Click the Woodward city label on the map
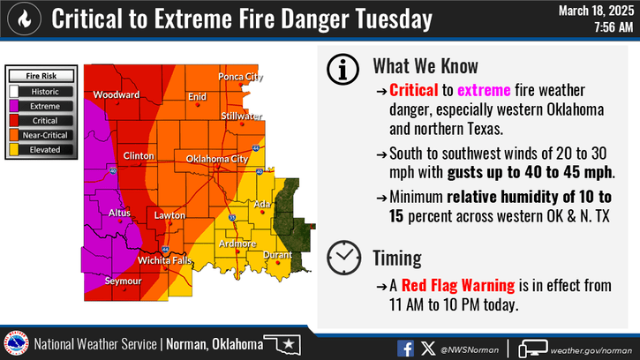point(117,94)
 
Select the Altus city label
point(117,213)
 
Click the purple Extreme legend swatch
point(15,105)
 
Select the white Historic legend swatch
point(15,90)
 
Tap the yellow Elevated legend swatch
point(15,150)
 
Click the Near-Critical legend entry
point(44,135)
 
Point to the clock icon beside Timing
point(343,258)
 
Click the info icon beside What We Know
point(343,67)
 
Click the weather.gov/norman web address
point(592,347)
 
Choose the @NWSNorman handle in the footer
point(470,347)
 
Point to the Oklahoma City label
point(216,159)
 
